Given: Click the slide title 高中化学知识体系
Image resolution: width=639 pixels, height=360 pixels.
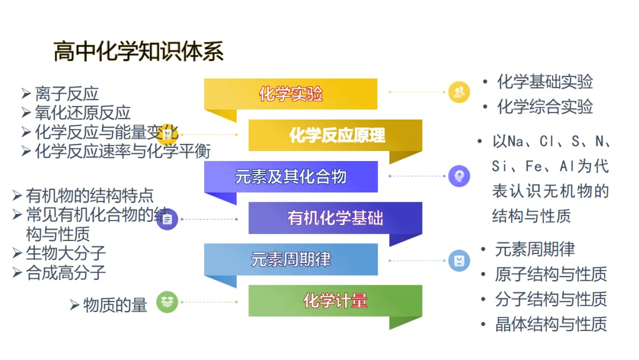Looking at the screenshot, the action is (138, 52).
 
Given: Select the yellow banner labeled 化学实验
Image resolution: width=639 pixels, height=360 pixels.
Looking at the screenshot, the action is (291, 94).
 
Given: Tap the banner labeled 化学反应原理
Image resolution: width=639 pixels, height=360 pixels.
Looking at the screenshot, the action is (335, 136).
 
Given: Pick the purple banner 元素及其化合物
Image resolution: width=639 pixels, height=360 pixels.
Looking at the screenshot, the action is (291, 176).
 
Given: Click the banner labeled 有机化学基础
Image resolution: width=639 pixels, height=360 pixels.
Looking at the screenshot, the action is (335, 218).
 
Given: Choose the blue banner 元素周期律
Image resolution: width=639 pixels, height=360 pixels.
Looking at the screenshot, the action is (291, 259).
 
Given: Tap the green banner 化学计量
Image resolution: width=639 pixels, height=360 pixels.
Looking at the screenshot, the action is (335, 301).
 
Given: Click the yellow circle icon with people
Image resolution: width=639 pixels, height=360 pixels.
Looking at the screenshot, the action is (459, 92).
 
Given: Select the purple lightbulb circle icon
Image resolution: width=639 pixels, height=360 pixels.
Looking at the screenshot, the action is (459, 176).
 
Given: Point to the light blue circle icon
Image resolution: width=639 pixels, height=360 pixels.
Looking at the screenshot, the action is (459, 261).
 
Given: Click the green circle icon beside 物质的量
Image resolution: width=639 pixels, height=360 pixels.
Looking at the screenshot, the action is (167, 302).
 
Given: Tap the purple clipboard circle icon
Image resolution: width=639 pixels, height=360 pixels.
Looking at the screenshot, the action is (167, 219).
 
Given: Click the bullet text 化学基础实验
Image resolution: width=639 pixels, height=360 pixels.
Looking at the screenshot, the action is (544, 82).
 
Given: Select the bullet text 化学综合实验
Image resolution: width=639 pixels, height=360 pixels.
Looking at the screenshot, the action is (544, 107).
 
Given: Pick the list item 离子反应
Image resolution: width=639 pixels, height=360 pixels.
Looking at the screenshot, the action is (66, 94).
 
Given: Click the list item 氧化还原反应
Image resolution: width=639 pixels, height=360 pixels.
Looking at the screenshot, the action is (82, 113).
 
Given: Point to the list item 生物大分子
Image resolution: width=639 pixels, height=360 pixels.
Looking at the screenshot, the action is (66, 253).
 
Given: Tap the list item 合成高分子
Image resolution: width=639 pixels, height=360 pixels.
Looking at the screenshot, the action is (66, 273).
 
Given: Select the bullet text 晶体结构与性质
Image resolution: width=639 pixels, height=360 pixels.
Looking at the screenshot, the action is (551, 324).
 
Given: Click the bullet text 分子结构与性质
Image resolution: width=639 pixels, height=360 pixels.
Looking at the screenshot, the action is (551, 299).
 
